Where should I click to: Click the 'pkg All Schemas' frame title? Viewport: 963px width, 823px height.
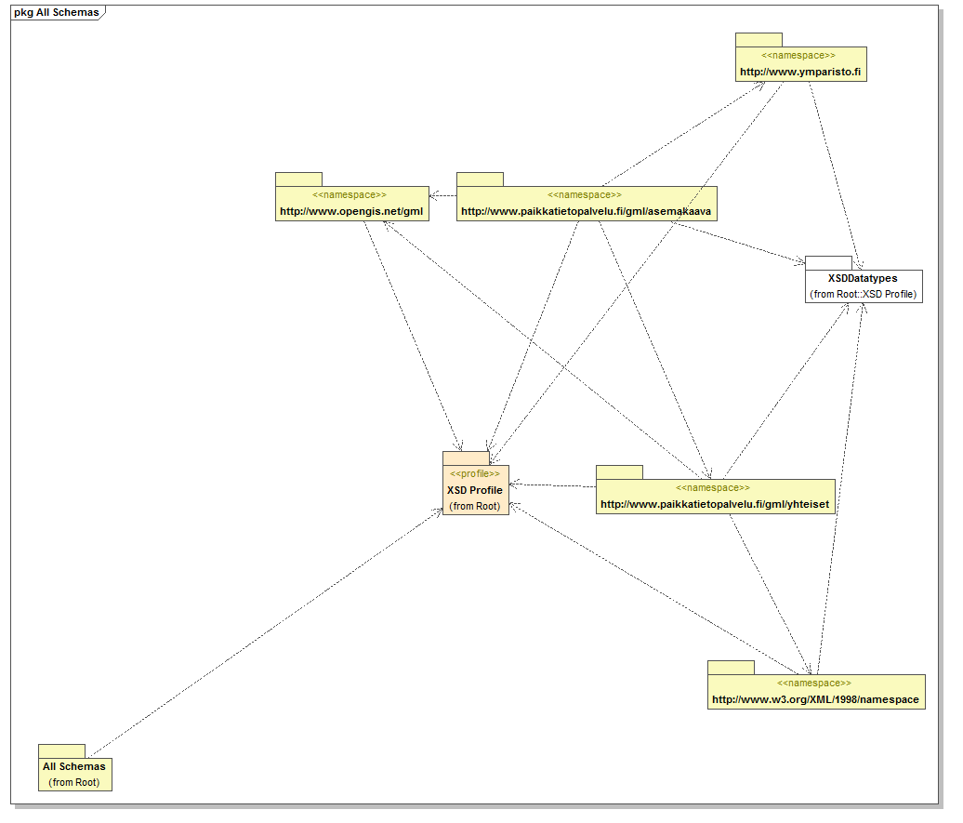56,12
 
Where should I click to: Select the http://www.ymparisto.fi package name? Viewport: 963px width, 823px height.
800,72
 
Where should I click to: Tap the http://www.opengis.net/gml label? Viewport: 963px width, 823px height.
351,211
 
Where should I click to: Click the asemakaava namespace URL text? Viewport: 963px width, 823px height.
587,211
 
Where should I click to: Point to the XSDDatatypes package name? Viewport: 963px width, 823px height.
863,278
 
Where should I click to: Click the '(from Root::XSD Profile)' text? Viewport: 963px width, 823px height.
863,294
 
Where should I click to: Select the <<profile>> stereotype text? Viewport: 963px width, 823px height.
474,473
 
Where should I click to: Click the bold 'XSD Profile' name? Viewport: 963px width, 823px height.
474,490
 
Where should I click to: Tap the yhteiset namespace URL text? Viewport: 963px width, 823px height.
714,504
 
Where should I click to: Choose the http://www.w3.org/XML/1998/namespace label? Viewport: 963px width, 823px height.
815,699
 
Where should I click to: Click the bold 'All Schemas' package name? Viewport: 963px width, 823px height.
73,766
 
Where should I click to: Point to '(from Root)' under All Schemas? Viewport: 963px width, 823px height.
73,782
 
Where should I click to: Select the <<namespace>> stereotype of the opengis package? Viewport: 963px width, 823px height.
350,195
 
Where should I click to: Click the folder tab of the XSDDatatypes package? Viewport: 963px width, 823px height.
827,262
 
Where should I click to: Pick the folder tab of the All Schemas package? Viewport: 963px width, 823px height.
61,750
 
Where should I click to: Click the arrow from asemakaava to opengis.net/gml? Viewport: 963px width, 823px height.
443,195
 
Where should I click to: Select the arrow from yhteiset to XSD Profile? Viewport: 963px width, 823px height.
552,485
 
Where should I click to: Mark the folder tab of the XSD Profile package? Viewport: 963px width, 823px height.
465,458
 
